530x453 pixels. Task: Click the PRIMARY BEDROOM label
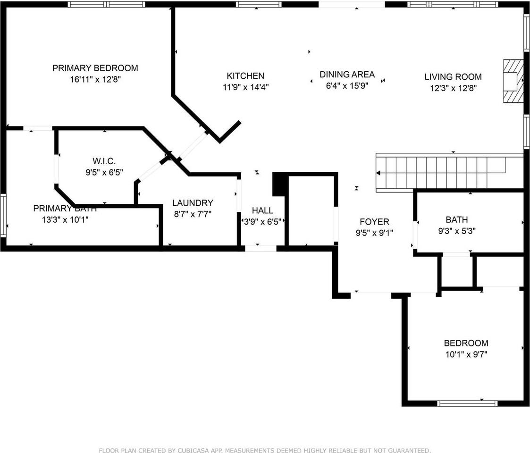95,68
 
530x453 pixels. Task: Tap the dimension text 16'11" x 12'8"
95,80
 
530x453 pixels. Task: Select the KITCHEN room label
245,75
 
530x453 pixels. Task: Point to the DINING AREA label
347,74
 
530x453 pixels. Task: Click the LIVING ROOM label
453,76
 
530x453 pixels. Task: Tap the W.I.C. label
104,160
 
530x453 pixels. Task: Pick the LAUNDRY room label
193,203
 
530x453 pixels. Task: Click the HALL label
262,210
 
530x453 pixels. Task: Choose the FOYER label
374,221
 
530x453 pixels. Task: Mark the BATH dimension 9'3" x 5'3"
457,231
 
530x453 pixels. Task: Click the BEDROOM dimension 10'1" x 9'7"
465,355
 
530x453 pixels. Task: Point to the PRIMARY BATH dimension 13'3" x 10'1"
65,219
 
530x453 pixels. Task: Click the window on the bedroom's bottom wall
467,403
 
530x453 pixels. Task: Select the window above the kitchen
259,4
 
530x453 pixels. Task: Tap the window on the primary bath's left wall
3,215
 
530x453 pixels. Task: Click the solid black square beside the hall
279,185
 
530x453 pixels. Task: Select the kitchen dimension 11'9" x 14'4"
245,87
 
